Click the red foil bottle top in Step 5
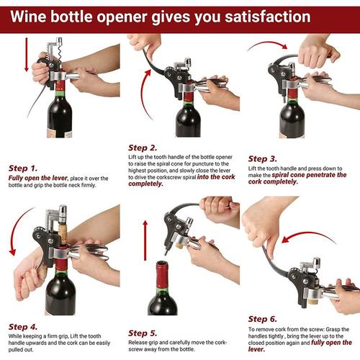[x=163, y=271]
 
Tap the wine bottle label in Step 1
[x=60, y=131]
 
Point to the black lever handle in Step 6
[x=268, y=256]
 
